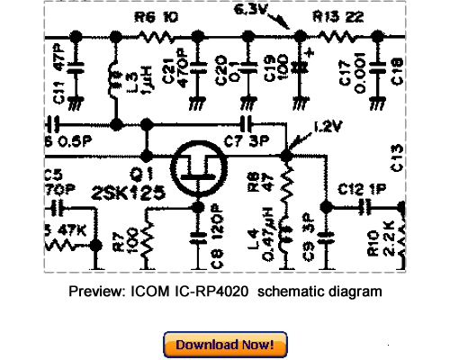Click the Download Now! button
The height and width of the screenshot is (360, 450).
(x=225, y=345)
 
